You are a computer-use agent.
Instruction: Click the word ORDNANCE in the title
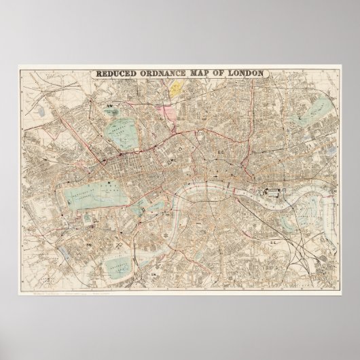tap(166, 75)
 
